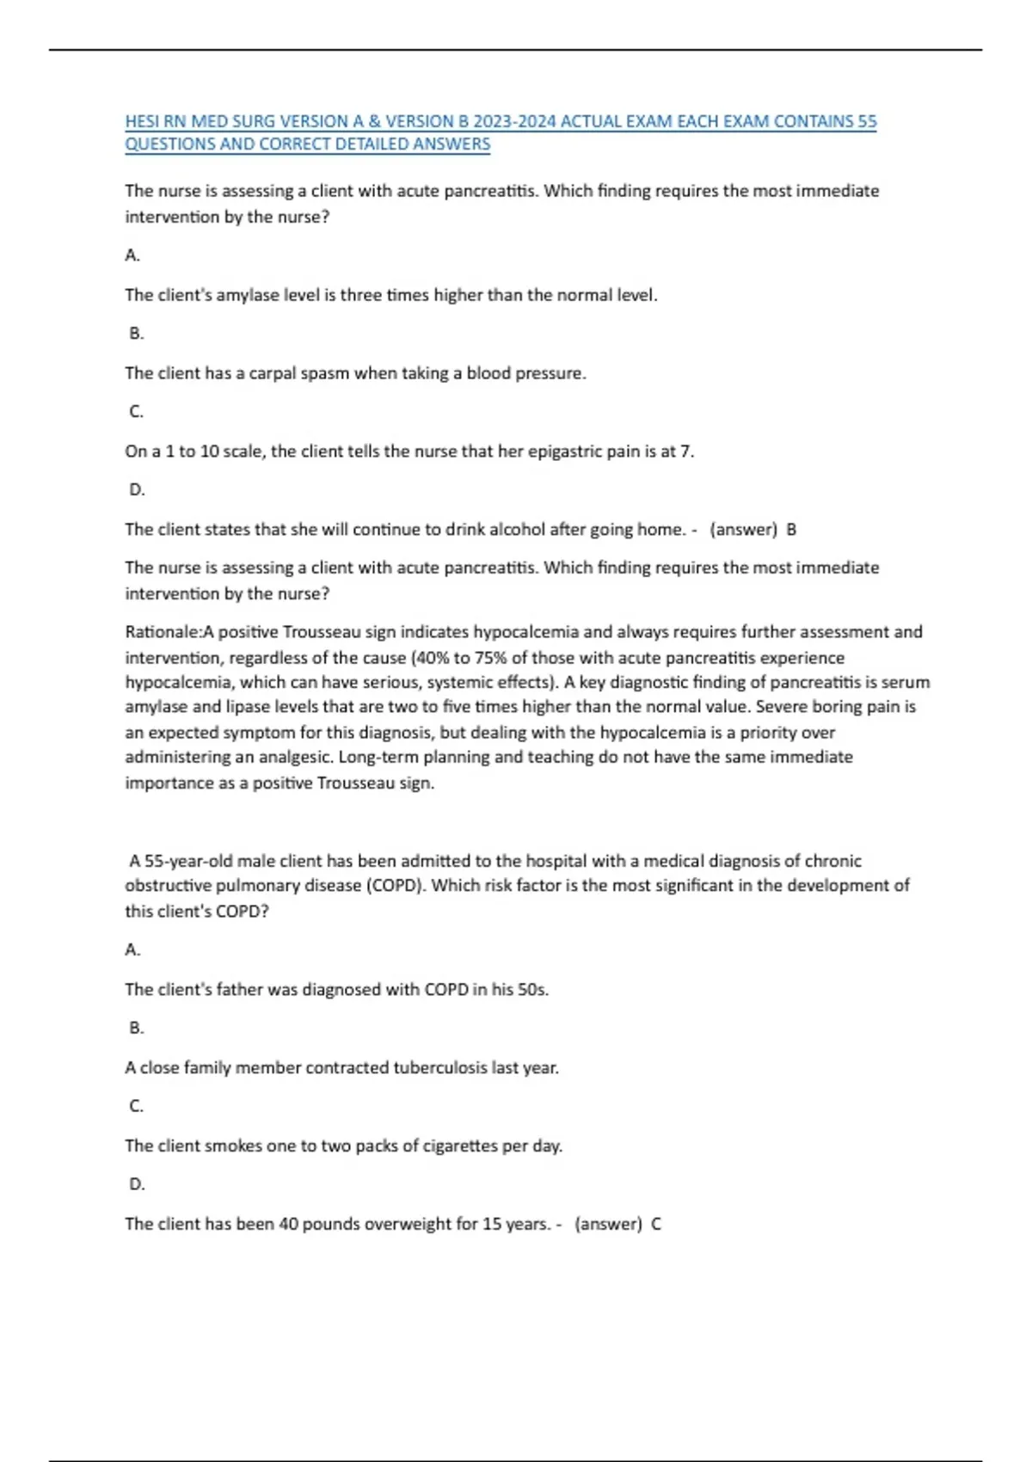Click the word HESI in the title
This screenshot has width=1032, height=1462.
[x=143, y=121]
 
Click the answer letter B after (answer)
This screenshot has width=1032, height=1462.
[x=791, y=530]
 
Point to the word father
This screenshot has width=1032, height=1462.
[x=239, y=990]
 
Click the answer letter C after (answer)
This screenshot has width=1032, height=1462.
[x=656, y=1225]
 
